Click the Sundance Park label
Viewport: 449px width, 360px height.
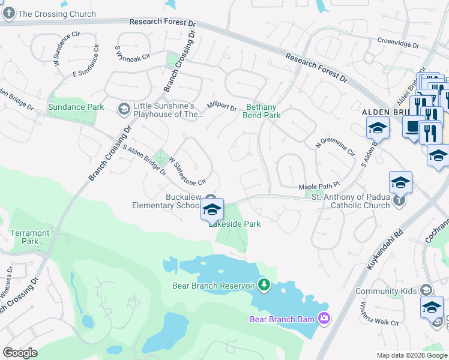point(76,107)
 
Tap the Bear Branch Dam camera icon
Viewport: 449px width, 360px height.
point(325,318)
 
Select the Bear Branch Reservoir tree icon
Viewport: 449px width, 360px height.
point(262,283)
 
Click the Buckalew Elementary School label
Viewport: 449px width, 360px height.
point(165,201)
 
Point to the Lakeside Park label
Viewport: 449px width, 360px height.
point(235,224)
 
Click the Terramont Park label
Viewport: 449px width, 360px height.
point(25,237)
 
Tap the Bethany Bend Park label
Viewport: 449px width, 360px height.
point(262,111)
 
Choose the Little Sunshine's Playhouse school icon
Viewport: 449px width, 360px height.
point(124,109)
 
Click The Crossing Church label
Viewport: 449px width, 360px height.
point(57,14)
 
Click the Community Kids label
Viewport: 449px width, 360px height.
point(394,292)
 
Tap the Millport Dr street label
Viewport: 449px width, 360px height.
point(222,106)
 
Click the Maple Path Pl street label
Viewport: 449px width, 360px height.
point(319,187)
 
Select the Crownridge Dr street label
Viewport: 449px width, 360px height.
point(398,44)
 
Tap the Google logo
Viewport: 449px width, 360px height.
point(20,353)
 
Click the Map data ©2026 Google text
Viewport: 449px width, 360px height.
point(412,355)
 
